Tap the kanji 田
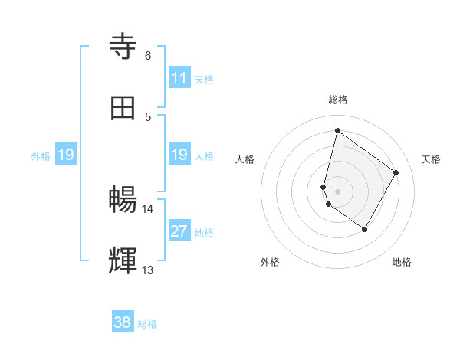point(123,107)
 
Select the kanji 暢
point(123,200)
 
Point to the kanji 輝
point(123,260)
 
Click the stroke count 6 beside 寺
point(148,55)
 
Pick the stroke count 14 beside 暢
point(147,208)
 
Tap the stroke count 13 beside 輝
point(147,270)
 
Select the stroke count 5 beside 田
point(148,116)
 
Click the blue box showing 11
point(179,78)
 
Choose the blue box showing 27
point(179,231)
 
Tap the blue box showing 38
point(123,322)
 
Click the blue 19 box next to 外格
point(66,155)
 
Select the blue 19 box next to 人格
point(179,155)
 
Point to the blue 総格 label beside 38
point(147,324)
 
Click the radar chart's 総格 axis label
point(338,100)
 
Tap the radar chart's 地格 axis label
point(402,262)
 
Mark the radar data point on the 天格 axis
point(396,172)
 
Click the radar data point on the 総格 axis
point(337,130)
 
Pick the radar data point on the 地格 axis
point(364,229)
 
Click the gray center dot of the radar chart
point(337,191)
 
